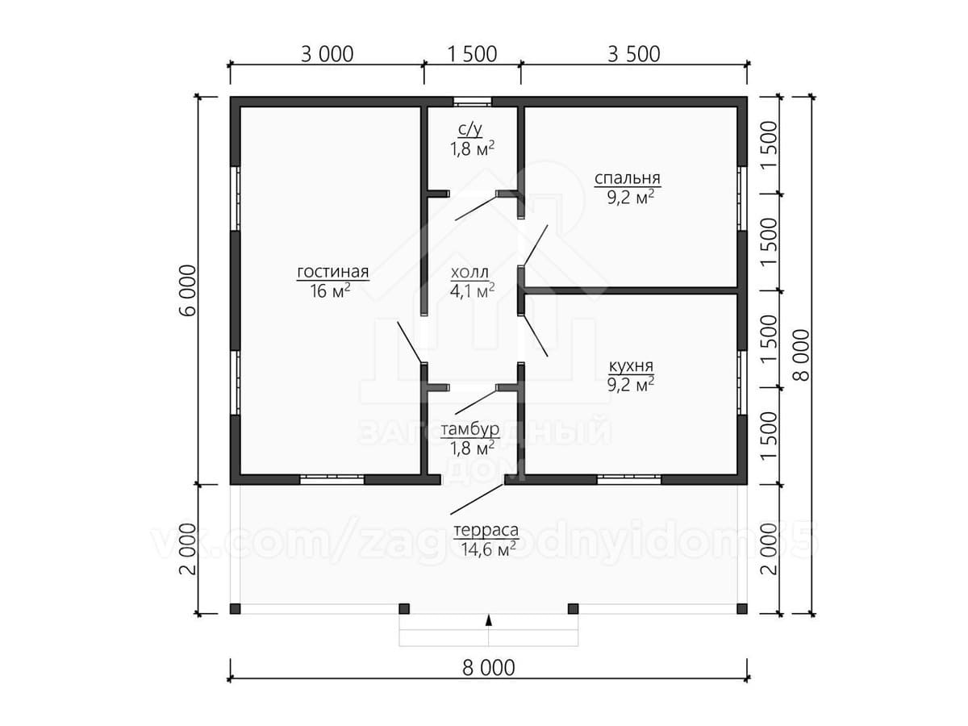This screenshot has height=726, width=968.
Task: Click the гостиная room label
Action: pos(332,271)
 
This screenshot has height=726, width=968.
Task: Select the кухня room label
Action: pos(630,366)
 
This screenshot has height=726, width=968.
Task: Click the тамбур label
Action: pos(469,428)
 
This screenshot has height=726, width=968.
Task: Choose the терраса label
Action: pos(486,531)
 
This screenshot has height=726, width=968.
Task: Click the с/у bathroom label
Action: pos(471,129)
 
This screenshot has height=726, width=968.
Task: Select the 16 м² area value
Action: pos(330,291)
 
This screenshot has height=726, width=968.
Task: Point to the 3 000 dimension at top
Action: pos(327,54)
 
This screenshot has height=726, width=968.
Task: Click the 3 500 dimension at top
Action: pos(633,54)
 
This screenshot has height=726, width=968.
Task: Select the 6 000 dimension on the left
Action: pos(187,291)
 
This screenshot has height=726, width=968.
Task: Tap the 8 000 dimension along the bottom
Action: pos(487,668)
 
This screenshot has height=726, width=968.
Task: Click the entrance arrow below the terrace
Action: pos(488,620)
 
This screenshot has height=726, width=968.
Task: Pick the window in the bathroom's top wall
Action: pos(472,102)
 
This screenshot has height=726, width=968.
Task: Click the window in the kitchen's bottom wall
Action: pos(629,479)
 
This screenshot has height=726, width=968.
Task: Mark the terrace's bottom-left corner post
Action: pos(236,608)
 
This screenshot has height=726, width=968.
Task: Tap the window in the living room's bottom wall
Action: pos(332,479)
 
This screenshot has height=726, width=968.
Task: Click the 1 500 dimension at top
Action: pos(471,54)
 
